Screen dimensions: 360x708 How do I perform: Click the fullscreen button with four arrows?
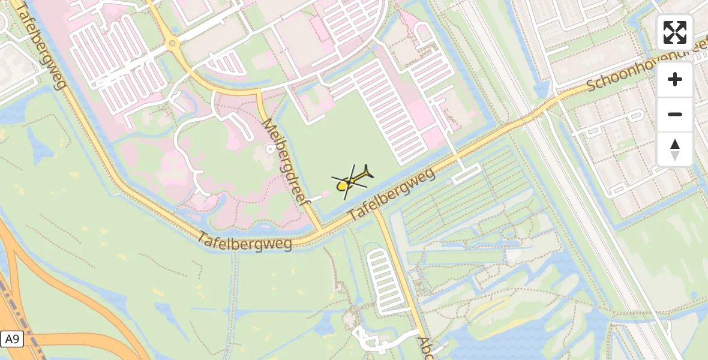(674, 32)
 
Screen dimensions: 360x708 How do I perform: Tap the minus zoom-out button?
(674, 114)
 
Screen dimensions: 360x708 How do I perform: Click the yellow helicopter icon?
(352, 180)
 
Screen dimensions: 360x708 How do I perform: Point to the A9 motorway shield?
(11, 339)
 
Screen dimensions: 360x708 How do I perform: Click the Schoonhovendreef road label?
(645, 70)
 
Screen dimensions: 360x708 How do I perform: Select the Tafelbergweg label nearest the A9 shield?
(245, 241)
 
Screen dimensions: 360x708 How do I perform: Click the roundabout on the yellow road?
(172, 43)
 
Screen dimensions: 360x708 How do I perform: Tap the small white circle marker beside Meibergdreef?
(269, 149)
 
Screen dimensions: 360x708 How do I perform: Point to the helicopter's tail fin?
(368, 172)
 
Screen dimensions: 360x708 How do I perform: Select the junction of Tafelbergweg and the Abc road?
(376, 209)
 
